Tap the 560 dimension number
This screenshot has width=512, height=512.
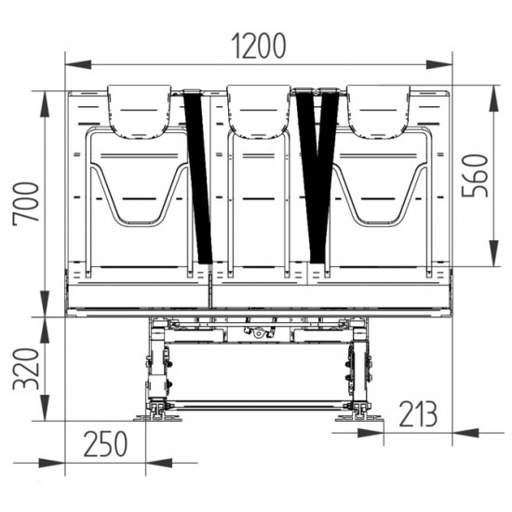(478, 174)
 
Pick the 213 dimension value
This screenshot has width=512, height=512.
(416, 412)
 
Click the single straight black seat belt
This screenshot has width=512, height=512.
(199, 177)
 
